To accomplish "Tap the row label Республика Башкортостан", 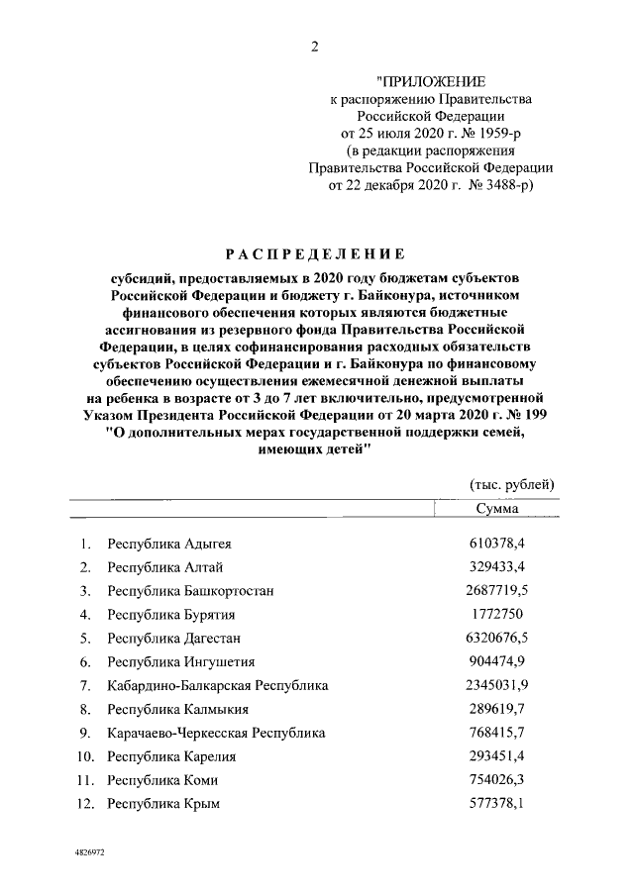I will click(190, 591).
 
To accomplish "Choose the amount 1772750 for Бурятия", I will click(501, 615).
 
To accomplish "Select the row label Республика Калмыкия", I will click(178, 710).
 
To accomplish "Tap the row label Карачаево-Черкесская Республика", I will click(217, 734).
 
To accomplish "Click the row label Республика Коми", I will click(163, 780).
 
